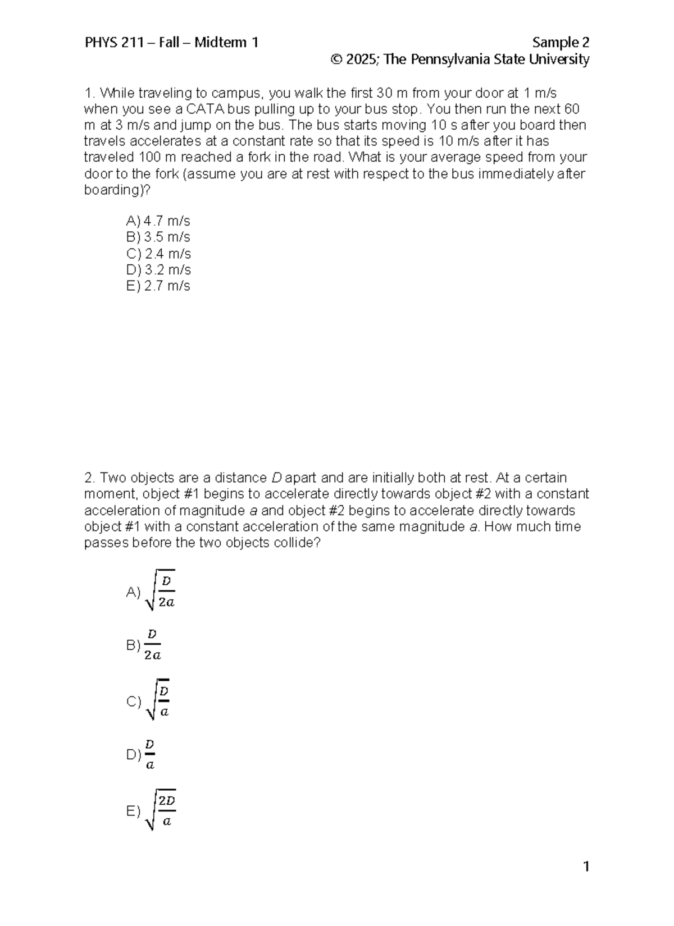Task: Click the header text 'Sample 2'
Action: coord(560,43)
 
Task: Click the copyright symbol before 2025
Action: coord(337,59)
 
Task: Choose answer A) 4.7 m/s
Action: coord(158,221)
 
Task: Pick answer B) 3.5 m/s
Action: coord(158,237)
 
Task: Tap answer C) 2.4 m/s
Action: coord(158,254)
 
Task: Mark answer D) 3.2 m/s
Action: coord(158,270)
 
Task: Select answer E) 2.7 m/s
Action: coord(158,286)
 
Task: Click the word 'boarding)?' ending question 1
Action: coord(117,190)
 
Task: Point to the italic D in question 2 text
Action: coord(276,478)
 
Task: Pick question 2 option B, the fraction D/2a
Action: coord(145,645)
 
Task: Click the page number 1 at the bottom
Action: coord(586,868)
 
